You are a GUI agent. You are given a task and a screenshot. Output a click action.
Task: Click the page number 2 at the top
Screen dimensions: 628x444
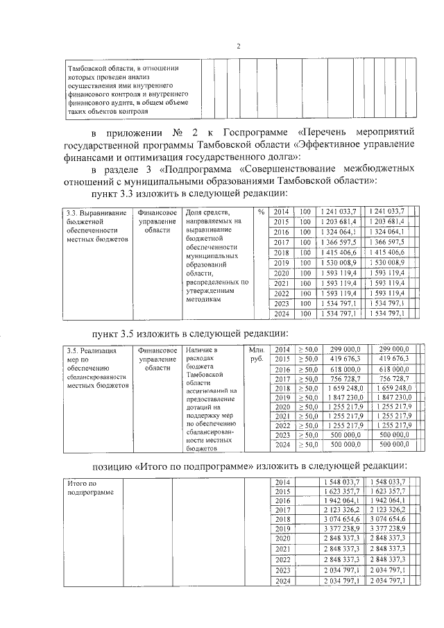pos(238,46)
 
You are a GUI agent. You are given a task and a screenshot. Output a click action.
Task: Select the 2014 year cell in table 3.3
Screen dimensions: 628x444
pos(281,211)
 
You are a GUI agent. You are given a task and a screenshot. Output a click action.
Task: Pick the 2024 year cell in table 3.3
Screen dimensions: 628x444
pos(281,314)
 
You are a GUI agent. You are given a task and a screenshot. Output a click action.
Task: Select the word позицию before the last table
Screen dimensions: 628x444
pos(117,464)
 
